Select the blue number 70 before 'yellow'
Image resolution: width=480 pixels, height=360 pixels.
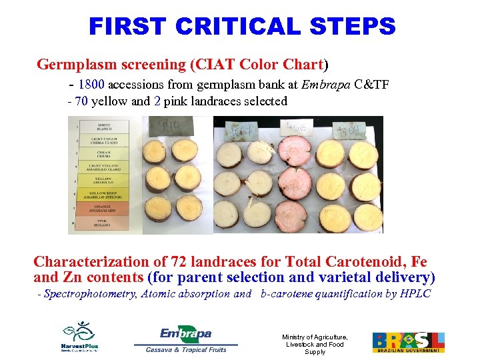click(x=81, y=102)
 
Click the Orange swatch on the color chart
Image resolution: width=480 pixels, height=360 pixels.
click(x=95, y=209)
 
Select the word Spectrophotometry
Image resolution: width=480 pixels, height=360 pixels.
click(x=90, y=294)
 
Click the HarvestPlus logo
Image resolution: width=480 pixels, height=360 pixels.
click(x=80, y=337)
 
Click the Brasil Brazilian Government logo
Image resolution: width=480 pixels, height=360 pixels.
click(x=408, y=342)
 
